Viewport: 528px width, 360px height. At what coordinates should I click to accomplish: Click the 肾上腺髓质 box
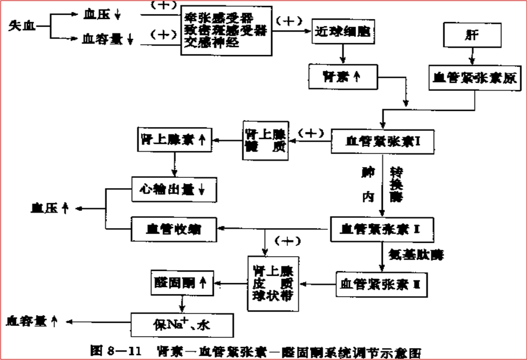[265, 140]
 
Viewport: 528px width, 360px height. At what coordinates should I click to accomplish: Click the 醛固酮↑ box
[181, 281]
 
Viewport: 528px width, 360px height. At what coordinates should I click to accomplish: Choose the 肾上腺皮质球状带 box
[271, 283]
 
